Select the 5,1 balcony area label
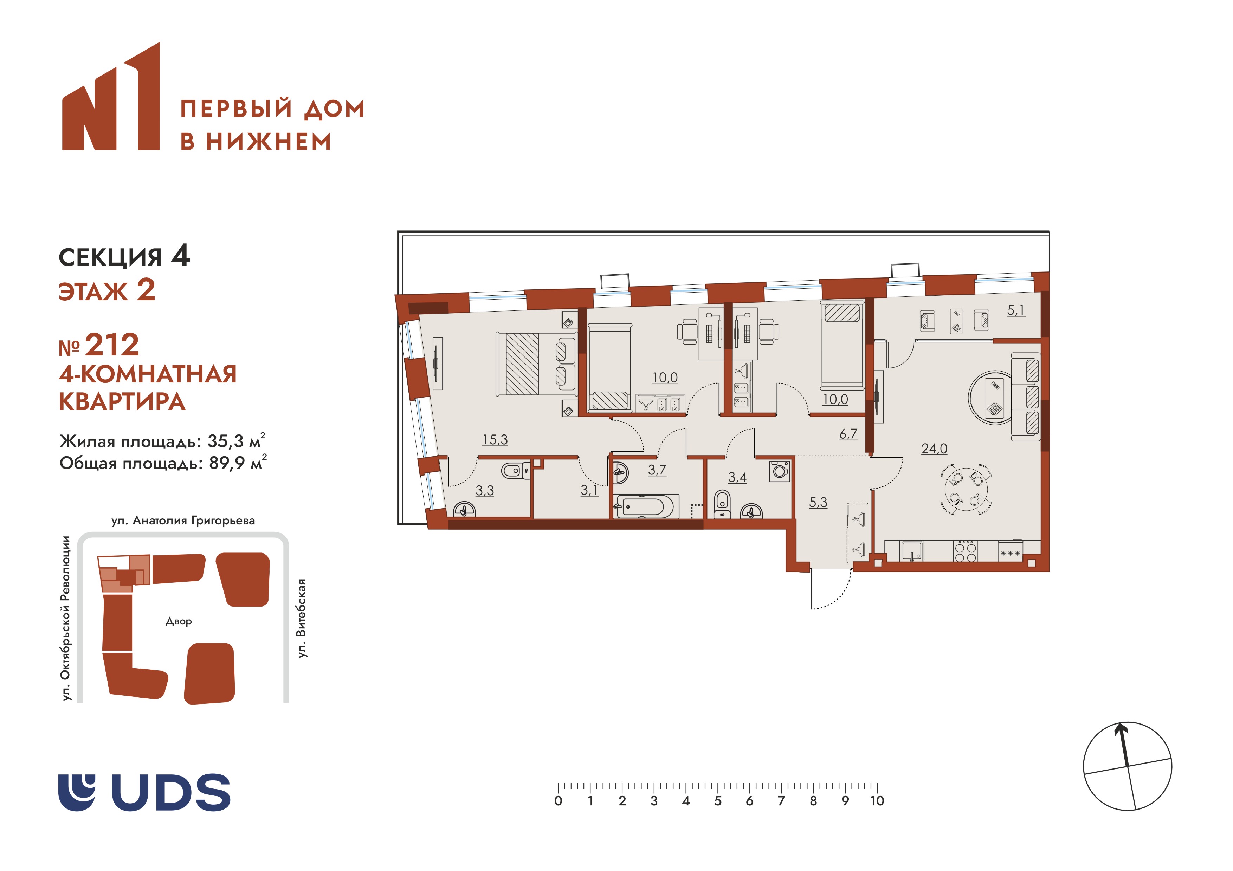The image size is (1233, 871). point(1015,310)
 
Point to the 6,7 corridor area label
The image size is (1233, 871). point(848,434)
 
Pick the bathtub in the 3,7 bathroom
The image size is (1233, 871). point(647,506)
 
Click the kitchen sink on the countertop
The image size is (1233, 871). point(911,551)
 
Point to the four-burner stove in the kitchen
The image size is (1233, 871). point(965,551)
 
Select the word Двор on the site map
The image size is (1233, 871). point(178,621)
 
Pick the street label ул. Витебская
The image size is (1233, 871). point(302,618)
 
